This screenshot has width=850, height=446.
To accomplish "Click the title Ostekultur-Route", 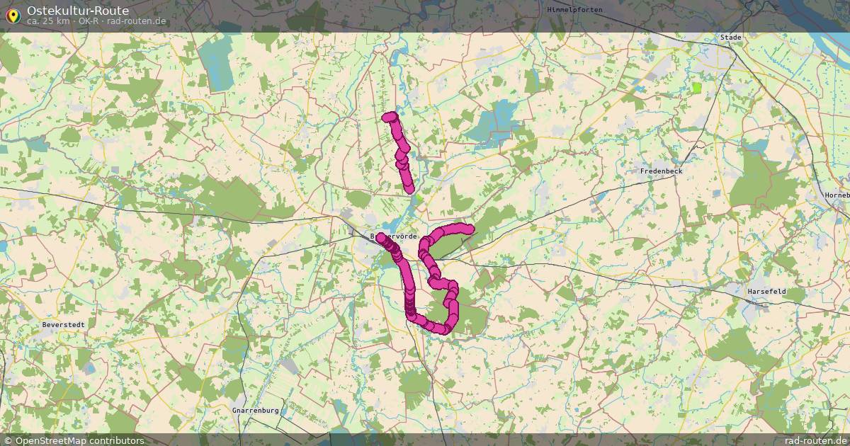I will [78, 10].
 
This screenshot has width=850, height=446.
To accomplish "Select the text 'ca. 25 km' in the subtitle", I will [48, 21].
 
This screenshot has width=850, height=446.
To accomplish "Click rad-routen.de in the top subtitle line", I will [137, 21].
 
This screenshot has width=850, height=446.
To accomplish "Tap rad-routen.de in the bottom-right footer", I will [815, 440].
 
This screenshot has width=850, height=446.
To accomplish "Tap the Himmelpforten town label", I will [574, 9].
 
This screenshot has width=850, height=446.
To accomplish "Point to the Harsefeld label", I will [766, 292].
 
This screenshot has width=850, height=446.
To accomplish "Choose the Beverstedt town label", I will [63, 324].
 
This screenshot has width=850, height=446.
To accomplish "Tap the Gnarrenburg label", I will [256, 411].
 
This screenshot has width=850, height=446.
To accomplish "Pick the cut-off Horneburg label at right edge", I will [837, 195].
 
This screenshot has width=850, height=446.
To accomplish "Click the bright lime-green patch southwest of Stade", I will [696, 88].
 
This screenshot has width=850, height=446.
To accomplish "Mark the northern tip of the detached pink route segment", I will [387, 117].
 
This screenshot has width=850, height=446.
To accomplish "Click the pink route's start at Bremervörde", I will [381, 237].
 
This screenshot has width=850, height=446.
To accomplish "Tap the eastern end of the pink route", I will [469, 228].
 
